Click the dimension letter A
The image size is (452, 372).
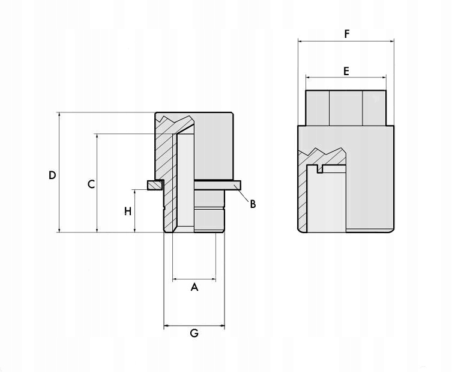(x=194, y=288)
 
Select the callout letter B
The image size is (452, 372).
(x=253, y=204)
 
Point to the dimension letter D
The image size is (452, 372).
(x=52, y=175)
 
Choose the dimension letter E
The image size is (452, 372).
(x=346, y=71)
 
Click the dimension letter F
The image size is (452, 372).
(x=346, y=34)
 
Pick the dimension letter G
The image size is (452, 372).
(x=194, y=334)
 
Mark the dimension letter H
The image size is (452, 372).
(x=127, y=211)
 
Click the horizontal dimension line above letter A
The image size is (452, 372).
(x=194, y=279)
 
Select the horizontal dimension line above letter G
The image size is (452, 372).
(x=194, y=326)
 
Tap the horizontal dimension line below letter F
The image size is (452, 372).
(x=346, y=41)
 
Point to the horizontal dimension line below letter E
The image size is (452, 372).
(x=346, y=78)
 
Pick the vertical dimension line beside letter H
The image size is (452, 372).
(x=135, y=222)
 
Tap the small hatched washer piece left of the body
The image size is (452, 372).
(x=154, y=184)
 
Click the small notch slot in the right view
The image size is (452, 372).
(x=321, y=169)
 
